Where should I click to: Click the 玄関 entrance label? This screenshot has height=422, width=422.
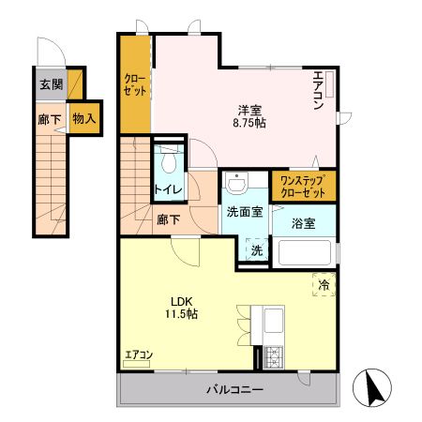(51, 83)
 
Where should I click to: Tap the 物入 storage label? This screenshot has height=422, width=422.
(83, 119)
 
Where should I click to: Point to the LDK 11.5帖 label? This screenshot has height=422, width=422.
(182, 308)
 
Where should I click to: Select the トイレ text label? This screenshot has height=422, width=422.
(169, 189)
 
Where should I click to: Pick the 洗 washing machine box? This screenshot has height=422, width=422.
(256, 250)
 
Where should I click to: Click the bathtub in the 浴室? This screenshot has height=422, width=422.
(302, 254)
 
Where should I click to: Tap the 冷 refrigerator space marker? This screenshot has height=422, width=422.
(322, 284)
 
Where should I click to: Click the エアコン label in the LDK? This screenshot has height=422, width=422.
(139, 354)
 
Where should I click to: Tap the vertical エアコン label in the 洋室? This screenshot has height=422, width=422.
(319, 92)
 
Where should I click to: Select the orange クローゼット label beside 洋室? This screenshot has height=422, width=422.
(135, 86)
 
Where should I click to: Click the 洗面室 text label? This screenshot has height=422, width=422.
(245, 212)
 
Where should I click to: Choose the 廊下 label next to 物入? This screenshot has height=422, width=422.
(51, 119)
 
